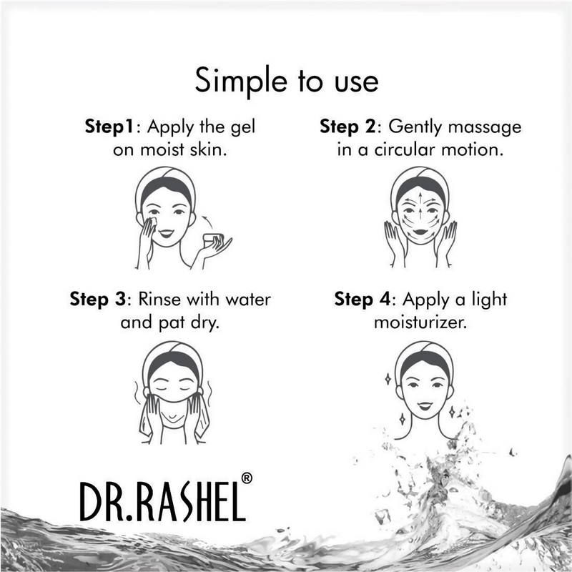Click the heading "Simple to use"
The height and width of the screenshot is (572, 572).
point(286,81)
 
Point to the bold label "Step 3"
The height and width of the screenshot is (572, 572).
point(99,297)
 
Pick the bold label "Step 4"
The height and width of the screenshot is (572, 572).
point(365,297)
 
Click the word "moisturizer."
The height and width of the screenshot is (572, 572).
point(422,322)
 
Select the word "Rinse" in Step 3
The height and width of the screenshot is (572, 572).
point(164,297)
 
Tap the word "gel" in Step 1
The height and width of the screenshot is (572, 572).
point(242,129)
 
